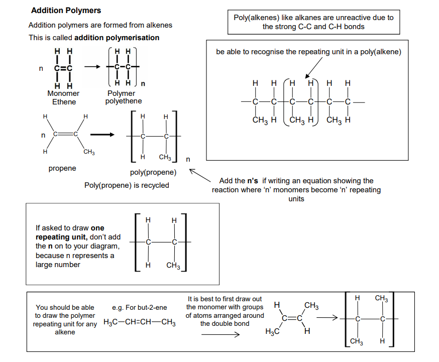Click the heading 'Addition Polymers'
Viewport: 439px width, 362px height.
[x=66, y=11]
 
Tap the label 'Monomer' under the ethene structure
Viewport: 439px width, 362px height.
[x=63, y=93]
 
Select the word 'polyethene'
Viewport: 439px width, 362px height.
[x=124, y=101]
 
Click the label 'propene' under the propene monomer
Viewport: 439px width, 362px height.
[x=62, y=168]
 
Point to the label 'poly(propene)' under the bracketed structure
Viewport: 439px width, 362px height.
[x=153, y=172]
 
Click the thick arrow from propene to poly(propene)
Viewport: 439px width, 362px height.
[x=102, y=135]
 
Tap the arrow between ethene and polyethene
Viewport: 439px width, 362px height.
[x=92, y=67]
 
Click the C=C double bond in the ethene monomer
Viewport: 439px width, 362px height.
[x=63, y=68]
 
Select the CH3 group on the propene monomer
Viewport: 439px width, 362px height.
[x=89, y=152]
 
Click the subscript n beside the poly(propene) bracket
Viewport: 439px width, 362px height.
[x=188, y=160]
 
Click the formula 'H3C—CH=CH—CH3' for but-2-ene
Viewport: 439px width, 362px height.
[x=140, y=322]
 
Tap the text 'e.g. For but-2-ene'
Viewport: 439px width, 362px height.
[x=140, y=308]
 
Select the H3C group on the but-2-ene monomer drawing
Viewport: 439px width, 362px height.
[x=272, y=331]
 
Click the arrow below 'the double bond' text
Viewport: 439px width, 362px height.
[x=221, y=334]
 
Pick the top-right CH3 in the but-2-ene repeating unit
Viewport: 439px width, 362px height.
[x=381, y=298]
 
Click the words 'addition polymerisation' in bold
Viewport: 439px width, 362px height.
[x=117, y=38]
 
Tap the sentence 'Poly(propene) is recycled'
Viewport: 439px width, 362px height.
[x=127, y=185]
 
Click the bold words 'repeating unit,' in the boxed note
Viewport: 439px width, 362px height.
[x=61, y=237]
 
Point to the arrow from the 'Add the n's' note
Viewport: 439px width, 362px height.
[x=200, y=175]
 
